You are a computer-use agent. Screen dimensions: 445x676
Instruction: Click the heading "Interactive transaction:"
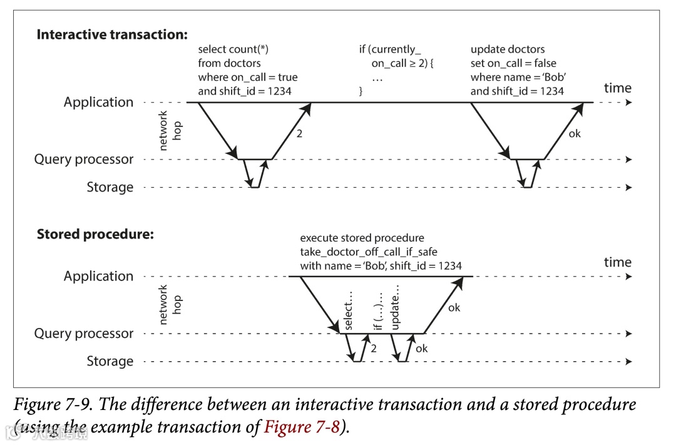pyautogui.click(x=112, y=34)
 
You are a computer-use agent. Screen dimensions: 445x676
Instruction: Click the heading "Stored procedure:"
pyautogui.click(x=95, y=235)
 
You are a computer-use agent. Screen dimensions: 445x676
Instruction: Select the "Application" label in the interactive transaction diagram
pyautogui.click(x=98, y=102)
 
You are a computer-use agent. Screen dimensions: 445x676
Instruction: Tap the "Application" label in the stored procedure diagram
pyautogui.click(x=98, y=276)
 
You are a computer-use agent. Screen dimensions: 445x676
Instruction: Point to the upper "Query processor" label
pyautogui.click(x=84, y=160)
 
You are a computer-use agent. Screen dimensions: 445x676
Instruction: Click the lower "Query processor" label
pyautogui.click(x=84, y=334)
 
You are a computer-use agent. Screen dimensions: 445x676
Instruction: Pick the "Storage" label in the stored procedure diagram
pyautogui.click(x=110, y=361)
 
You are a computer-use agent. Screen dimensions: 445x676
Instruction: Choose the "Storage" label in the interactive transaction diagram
pyautogui.click(x=110, y=187)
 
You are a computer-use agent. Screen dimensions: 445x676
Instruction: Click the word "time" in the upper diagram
pyautogui.click(x=618, y=88)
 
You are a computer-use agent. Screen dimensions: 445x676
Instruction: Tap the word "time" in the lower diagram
pyautogui.click(x=618, y=262)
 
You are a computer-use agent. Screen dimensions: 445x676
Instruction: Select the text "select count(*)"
pyautogui.click(x=233, y=49)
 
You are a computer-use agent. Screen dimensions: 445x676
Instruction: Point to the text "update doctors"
pyautogui.click(x=508, y=49)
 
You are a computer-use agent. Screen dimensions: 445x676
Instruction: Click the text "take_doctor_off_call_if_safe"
pyautogui.click(x=369, y=252)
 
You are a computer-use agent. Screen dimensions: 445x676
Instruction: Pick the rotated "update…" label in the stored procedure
pyautogui.click(x=394, y=307)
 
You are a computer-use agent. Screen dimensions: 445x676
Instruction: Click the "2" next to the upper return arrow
pyautogui.click(x=299, y=133)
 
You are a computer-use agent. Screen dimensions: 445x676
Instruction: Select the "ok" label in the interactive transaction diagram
pyautogui.click(x=575, y=133)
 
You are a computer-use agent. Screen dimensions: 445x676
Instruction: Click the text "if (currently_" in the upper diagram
pyautogui.click(x=390, y=49)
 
